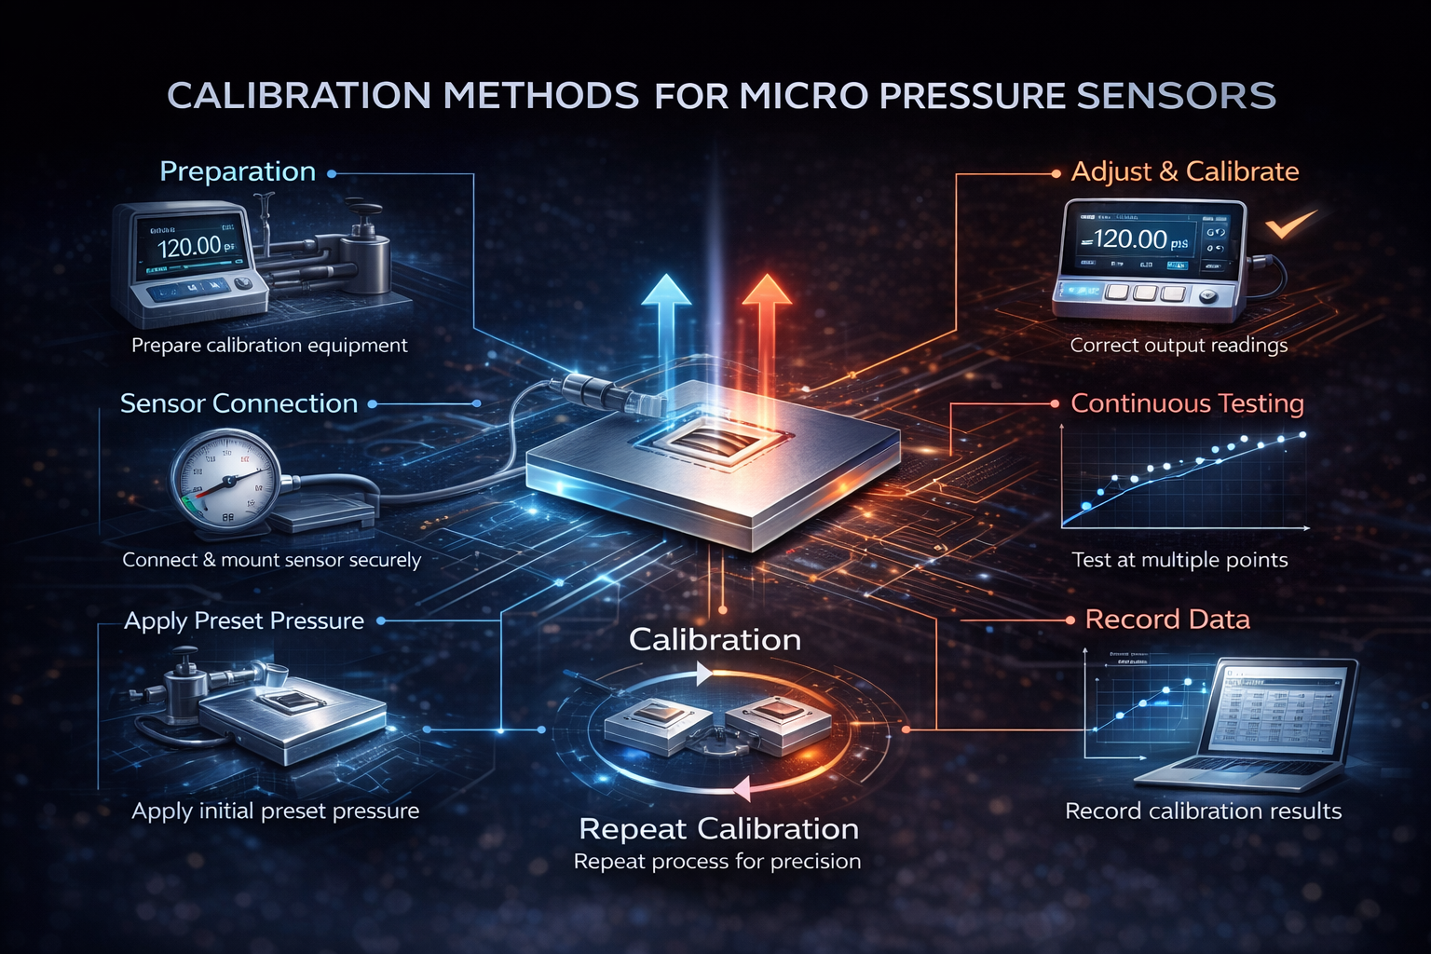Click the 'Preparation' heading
click(238, 171)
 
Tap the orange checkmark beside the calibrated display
click(1290, 224)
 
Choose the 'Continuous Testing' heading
click(1187, 403)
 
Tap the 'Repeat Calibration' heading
click(718, 828)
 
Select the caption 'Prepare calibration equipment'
click(269, 346)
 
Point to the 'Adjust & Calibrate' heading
click(1184, 171)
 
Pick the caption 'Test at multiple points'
click(1179, 560)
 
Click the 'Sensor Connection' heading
click(238, 403)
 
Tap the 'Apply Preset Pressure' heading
click(244, 620)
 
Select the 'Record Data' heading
click(1167, 620)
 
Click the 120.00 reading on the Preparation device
click(189, 247)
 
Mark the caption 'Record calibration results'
click(1203, 811)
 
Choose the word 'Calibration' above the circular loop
click(715, 640)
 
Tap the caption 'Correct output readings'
click(1179, 346)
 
